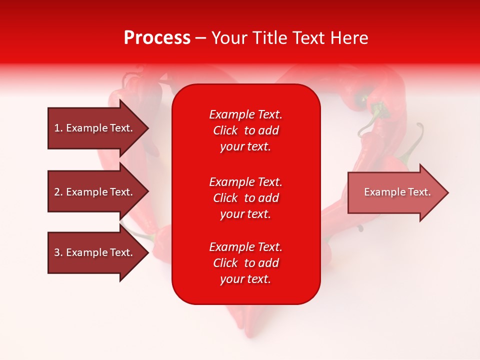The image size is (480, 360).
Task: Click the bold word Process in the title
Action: pos(157,38)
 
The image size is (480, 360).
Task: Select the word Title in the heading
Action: pos(270,38)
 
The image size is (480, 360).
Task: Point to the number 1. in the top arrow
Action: pos(58,128)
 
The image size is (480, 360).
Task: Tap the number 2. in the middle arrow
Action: pos(58,192)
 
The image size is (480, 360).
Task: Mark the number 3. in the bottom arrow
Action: pos(58,252)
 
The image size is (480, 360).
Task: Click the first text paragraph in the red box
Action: pos(245,130)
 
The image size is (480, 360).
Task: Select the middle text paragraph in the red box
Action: pos(245,198)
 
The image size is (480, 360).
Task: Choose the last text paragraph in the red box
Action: pos(245,263)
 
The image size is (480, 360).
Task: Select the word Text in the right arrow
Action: pos(419,192)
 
